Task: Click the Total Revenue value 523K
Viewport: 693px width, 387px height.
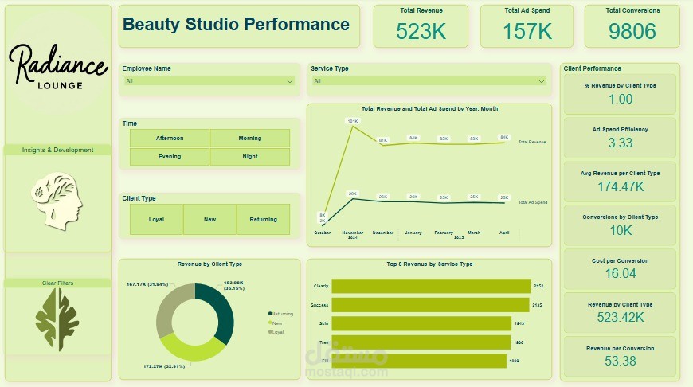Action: pyautogui.click(x=421, y=31)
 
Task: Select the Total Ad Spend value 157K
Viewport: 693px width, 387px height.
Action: pyautogui.click(x=527, y=31)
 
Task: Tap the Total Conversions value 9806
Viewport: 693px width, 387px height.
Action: pyautogui.click(x=632, y=31)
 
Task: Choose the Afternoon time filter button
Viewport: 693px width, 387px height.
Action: pyautogui.click(x=169, y=138)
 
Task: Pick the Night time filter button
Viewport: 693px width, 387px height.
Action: pyautogui.click(x=249, y=156)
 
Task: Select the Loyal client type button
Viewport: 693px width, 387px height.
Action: pyautogui.click(x=156, y=219)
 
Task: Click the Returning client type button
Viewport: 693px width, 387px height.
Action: pyautogui.click(x=263, y=219)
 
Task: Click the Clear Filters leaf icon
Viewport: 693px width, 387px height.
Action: pyautogui.click(x=57, y=319)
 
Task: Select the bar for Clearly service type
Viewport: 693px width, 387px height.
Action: pyautogui.click(x=431, y=286)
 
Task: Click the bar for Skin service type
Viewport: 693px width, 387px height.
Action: pyautogui.click(x=421, y=323)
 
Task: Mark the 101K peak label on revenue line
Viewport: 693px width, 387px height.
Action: pyautogui.click(x=352, y=121)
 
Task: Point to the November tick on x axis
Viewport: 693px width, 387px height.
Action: pyautogui.click(x=352, y=233)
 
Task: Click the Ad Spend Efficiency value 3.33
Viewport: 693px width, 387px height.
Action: pyautogui.click(x=620, y=143)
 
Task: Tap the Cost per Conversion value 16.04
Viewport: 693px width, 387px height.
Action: pyautogui.click(x=620, y=273)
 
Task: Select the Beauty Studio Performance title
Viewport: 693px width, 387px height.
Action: pyautogui.click(x=236, y=25)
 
